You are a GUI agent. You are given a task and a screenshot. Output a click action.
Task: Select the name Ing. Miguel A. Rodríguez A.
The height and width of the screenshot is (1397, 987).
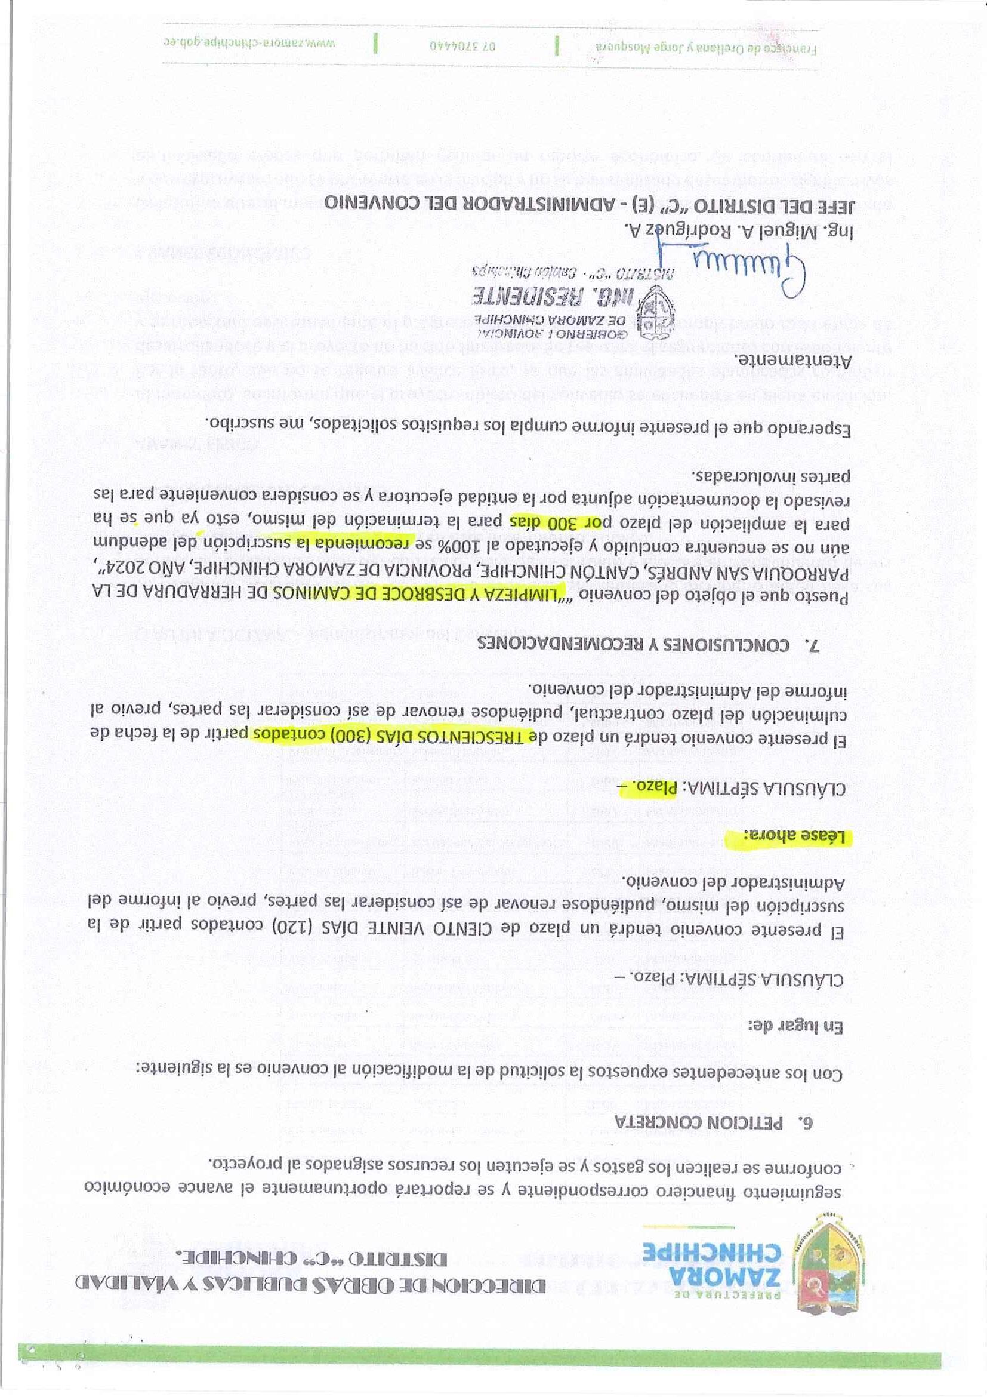[x=717, y=229]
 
